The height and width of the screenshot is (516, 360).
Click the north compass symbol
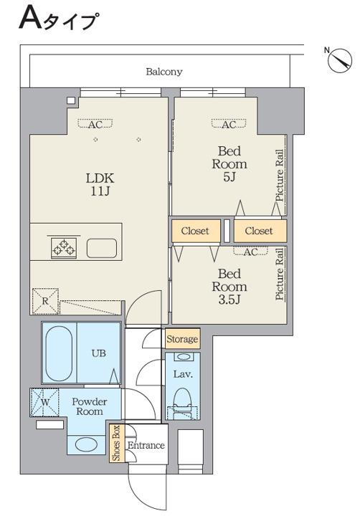(340, 59)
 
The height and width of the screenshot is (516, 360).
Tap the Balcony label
(164, 72)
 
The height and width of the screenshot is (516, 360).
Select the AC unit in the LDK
(95, 124)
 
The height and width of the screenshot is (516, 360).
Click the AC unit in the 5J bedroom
(229, 124)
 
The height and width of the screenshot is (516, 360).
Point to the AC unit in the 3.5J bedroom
(251, 252)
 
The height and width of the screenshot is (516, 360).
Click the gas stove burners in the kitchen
(64, 247)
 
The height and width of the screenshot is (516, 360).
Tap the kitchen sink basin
(102, 248)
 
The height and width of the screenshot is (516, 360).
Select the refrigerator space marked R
(45, 301)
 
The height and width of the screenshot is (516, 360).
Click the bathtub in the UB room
(59, 353)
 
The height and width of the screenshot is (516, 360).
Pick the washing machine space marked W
(44, 402)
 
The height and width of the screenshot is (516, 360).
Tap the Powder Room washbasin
(85, 444)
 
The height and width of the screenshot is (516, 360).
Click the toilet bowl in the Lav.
(182, 398)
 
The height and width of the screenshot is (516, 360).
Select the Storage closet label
(182, 339)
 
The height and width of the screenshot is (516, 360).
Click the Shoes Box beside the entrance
(118, 444)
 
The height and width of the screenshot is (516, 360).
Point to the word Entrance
(146, 445)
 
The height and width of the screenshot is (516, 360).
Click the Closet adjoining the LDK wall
(196, 231)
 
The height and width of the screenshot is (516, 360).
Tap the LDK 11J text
(100, 185)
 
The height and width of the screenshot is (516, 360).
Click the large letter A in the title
(31, 19)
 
